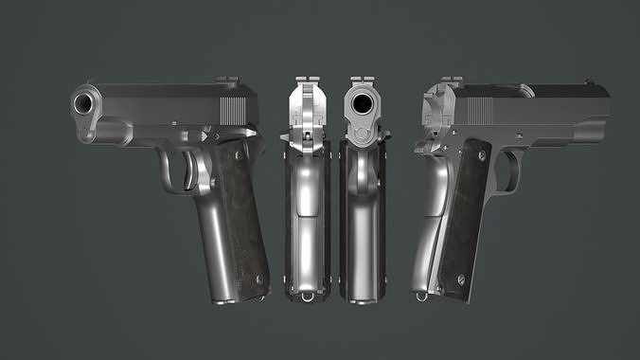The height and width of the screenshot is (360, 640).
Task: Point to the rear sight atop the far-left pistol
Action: (227, 82)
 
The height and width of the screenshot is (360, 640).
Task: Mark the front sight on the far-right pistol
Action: (589, 82)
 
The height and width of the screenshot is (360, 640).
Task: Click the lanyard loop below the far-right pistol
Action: (421, 296)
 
